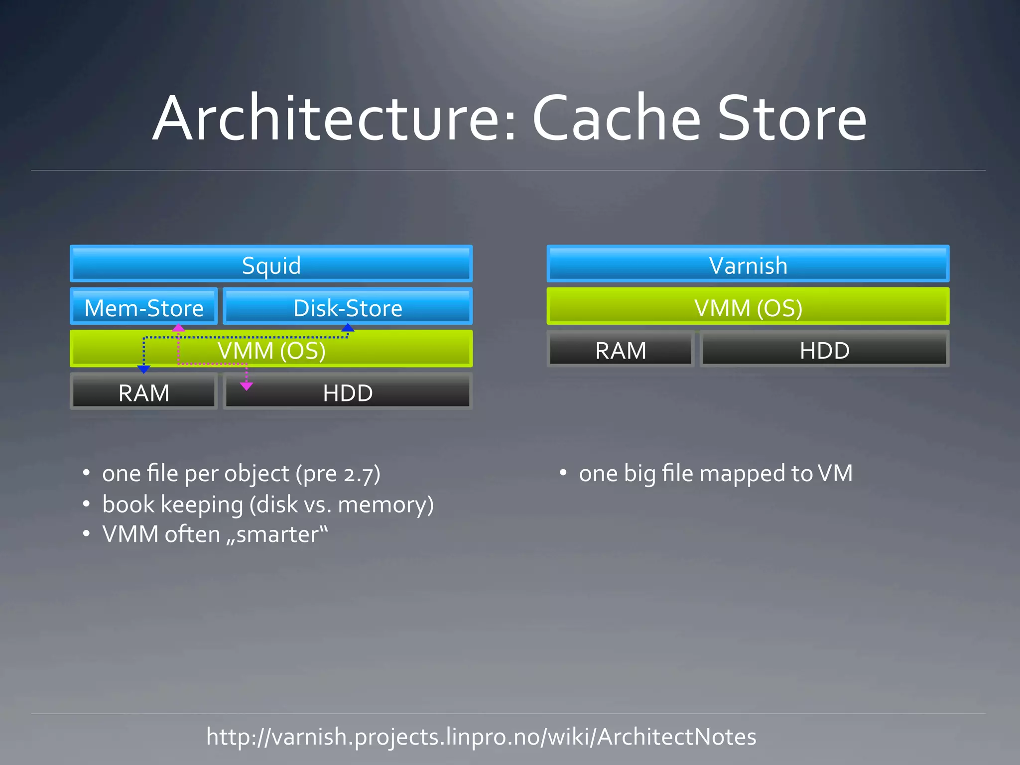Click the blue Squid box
point(271,264)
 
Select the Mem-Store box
point(144,307)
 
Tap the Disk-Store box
point(348,307)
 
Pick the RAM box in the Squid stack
point(144,392)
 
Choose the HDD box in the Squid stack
point(348,392)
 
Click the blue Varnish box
point(748,264)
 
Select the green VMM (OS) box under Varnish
point(748,307)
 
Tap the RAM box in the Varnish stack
point(621,350)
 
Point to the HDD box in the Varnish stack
point(825,350)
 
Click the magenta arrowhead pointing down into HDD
point(247,386)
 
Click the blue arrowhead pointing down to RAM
point(144,369)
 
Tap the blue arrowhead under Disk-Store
point(348,328)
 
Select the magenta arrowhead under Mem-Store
point(178,328)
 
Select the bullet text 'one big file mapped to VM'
point(715,473)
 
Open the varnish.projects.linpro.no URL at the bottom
point(481,737)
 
